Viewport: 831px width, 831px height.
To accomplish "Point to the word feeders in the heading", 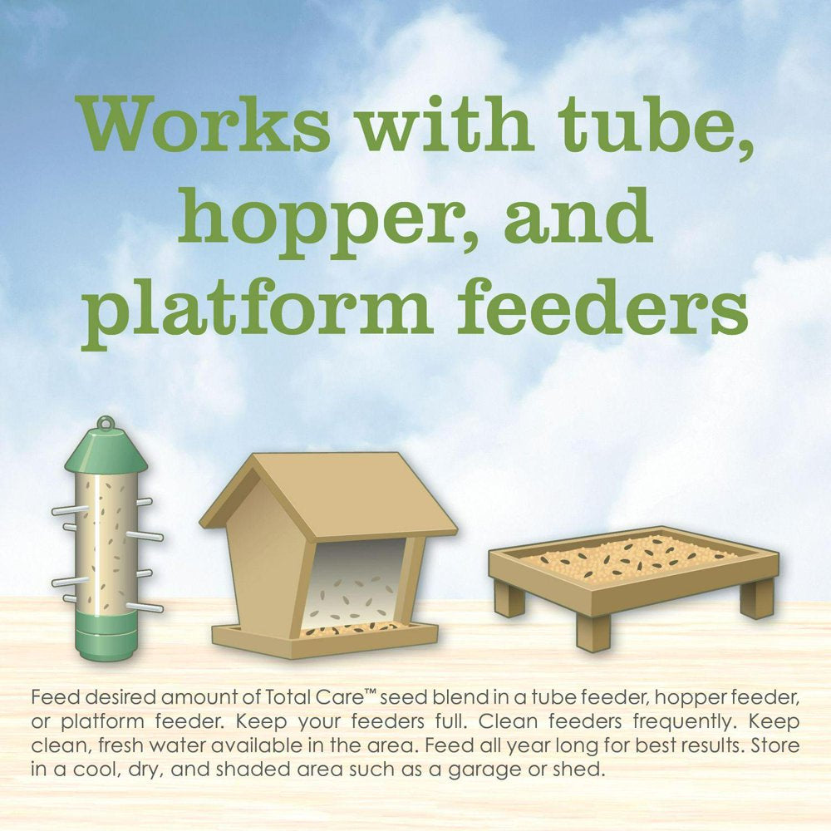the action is (602, 307).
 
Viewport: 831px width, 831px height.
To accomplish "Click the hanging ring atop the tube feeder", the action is (106, 423).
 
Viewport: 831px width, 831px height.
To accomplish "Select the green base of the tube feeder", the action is (106, 634).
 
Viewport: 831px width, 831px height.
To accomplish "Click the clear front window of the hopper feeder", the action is (354, 583).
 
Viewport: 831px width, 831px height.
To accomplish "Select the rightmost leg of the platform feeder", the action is (757, 599).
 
